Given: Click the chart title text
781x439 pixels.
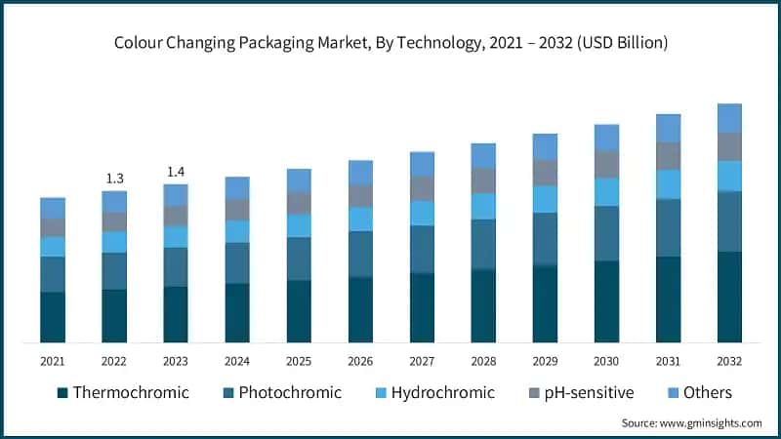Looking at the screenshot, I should [390, 42].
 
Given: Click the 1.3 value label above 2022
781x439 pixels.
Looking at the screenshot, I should [114, 178].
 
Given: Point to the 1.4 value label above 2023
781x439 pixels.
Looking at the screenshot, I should [176, 172].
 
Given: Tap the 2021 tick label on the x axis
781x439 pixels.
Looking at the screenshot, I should [53, 361].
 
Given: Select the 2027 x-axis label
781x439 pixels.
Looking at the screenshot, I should [422, 361].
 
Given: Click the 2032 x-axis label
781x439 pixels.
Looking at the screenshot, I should [729, 361].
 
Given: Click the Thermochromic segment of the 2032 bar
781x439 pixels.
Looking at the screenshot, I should [729, 297].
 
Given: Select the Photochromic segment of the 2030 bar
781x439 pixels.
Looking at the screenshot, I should [606, 233].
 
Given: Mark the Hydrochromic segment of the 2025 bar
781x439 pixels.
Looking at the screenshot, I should [299, 225].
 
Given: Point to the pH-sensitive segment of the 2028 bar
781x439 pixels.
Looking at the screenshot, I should [483, 180].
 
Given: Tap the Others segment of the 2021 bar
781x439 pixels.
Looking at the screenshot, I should [53, 208].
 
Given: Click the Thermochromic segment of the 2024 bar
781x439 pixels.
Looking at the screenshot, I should [237, 312].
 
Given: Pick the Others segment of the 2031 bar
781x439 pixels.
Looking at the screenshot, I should [668, 128].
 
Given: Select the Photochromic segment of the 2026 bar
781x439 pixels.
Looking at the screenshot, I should [360, 254].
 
